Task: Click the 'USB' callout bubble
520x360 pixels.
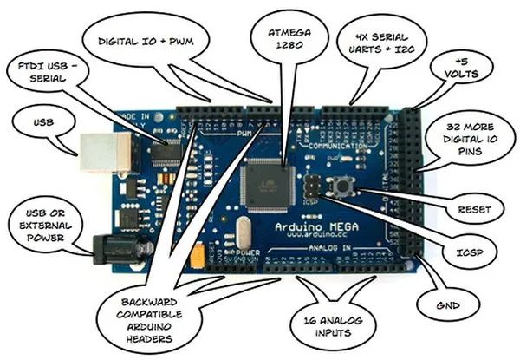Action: [x=41, y=122]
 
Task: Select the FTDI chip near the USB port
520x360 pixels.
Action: [x=166, y=153]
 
